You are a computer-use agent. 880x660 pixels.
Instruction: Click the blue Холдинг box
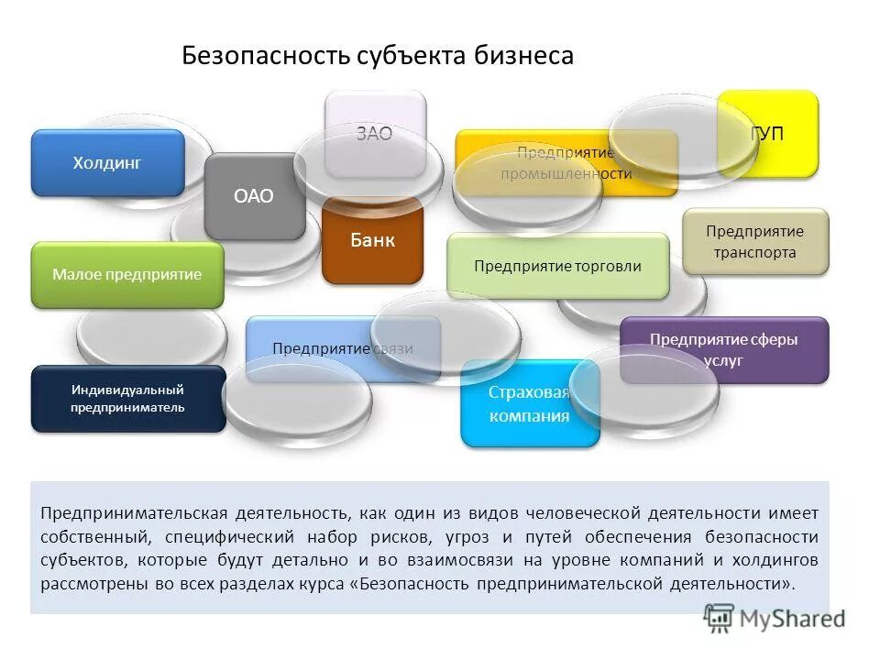[x=108, y=163]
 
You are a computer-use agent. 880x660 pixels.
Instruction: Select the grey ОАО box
[x=254, y=196]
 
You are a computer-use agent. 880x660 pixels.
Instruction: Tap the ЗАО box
[x=375, y=134]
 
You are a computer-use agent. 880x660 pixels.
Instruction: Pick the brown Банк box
[x=372, y=240]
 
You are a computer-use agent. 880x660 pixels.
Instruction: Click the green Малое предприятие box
[x=127, y=275]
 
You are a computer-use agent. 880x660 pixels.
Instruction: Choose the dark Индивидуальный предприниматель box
[x=128, y=399]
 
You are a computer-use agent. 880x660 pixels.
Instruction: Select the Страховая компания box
[x=529, y=404]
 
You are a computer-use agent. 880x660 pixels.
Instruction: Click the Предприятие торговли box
[x=557, y=266]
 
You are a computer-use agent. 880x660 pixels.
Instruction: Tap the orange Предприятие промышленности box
[x=566, y=163]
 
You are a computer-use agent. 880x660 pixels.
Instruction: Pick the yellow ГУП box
[x=768, y=134]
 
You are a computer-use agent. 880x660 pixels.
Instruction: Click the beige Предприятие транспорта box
[x=755, y=242]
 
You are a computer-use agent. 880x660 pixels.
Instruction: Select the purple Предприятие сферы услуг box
[x=724, y=349]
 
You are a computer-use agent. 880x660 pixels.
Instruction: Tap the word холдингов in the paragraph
[x=775, y=559]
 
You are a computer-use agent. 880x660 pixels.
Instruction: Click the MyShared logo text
[x=793, y=619]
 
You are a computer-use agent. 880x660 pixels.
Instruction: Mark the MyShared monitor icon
[x=720, y=618]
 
